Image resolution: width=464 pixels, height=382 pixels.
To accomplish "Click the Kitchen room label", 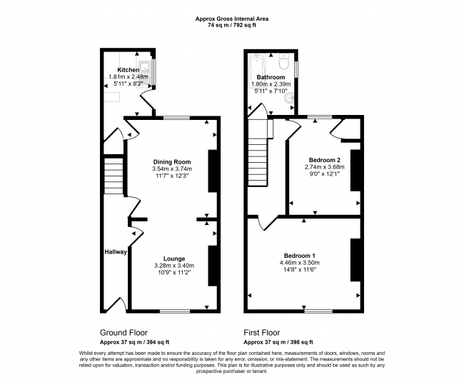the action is tap(128, 70).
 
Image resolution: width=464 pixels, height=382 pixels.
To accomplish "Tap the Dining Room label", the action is tap(172, 162).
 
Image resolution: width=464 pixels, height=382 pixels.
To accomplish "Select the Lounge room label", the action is tap(174, 258).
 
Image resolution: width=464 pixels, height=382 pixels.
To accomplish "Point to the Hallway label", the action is tap(116, 252).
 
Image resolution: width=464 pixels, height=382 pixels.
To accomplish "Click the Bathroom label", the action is tap(271, 77).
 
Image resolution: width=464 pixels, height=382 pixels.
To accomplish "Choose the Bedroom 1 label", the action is tap(300, 256).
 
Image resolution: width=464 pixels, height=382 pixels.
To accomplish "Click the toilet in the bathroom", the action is tap(283, 61).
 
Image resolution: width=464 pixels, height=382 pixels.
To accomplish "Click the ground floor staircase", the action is tap(114, 176).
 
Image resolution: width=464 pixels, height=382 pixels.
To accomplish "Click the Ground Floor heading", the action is tap(123, 333).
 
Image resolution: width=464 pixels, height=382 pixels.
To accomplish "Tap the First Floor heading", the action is tap(262, 333).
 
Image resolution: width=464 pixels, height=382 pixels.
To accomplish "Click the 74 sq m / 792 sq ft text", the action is tap(232, 25).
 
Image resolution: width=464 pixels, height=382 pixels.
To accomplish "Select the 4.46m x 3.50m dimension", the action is tap(300, 263).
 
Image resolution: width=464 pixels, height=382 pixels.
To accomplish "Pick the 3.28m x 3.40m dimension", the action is tap(174, 266).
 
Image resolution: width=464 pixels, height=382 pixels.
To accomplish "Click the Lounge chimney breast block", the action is tap(213, 266).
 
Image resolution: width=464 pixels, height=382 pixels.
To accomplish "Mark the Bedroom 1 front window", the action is tap(318, 311).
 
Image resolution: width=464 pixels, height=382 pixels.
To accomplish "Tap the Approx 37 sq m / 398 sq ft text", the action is tap(278, 342).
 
